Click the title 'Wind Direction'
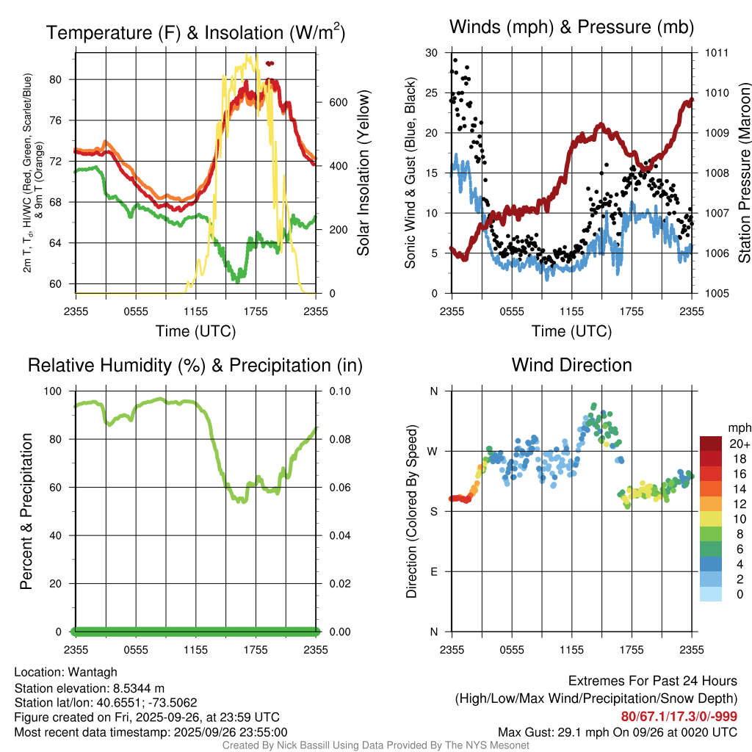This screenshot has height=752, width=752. [x=571, y=365]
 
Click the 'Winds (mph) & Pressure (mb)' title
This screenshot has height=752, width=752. [x=571, y=28]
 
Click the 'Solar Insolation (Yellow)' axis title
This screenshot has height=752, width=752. [x=363, y=173]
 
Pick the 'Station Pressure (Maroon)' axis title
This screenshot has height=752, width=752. [x=743, y=173]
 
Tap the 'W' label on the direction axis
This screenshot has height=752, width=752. [x=433, y=451]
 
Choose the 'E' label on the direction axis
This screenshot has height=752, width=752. [x=433, y=571]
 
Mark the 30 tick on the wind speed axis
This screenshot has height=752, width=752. [x=432, y=53]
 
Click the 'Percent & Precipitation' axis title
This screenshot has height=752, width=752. [x=26, y=510]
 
